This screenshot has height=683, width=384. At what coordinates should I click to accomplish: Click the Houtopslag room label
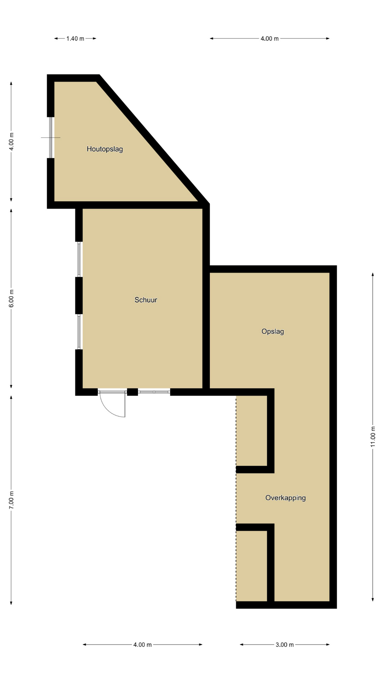coord(105,149)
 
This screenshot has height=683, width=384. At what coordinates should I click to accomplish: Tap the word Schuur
coord(146,300)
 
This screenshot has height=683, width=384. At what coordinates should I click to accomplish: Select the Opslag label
coord(273,332)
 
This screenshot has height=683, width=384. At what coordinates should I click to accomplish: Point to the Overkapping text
coord(286,498)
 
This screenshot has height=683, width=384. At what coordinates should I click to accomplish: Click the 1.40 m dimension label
coord(75,38)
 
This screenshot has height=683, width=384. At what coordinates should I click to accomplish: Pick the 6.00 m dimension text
coord(11,298)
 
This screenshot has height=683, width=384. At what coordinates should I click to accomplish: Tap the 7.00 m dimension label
coord(11,499)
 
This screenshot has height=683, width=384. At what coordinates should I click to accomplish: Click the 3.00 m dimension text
coord(284,645)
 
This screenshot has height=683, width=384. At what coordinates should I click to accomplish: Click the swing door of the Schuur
coord(112,404)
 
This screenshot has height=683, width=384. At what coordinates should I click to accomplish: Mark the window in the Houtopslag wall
coord(51,137)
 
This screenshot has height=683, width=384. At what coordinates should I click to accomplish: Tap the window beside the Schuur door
coord(154,392)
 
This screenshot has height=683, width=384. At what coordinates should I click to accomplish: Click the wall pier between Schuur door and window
coord(133,392)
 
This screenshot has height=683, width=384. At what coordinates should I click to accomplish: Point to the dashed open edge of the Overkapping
coord(236,498)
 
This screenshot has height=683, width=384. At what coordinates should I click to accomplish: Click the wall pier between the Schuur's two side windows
coord(79,296)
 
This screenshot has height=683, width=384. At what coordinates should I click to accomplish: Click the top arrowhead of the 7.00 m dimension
coord(11,398)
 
